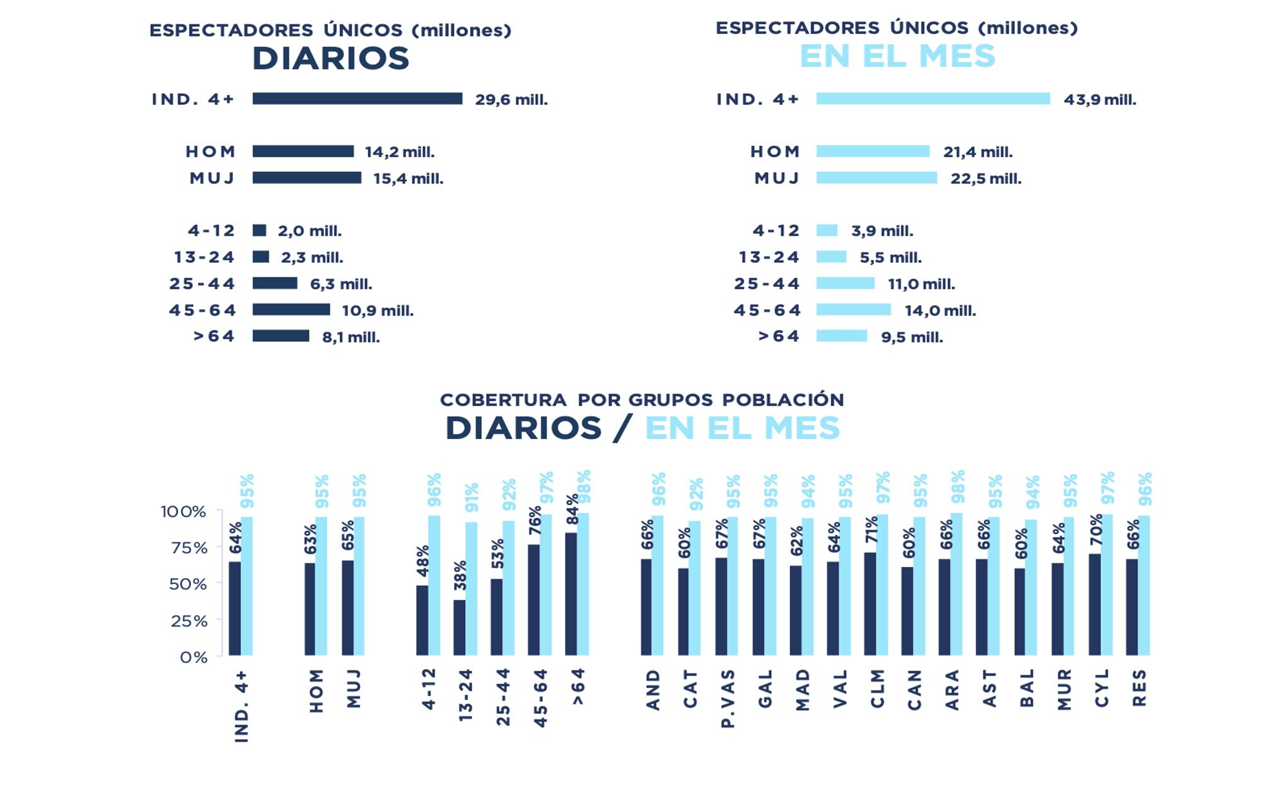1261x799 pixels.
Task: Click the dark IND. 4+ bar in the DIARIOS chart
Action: point(357,98)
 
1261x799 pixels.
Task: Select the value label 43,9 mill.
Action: point(1100,100)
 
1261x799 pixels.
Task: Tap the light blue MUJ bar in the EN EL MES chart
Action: point(876,178)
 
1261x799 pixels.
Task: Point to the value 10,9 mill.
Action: point(378,310)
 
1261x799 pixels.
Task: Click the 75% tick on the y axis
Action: point(189,547)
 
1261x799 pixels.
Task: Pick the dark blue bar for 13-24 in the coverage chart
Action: point(459,627)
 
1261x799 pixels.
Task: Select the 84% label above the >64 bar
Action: point(572,510)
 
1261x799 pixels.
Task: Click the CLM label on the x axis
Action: point(878,689)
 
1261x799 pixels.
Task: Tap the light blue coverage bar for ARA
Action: point(956,584)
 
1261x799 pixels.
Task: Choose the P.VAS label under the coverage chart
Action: point(728,699)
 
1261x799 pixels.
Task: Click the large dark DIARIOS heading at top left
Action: point(330,59)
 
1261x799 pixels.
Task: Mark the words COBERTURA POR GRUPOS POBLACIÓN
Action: point(641,400)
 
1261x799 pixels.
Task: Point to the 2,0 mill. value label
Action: point(310,231)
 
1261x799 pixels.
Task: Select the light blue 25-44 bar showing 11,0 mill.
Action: point(845,283)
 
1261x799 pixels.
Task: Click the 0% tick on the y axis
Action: point(193,657)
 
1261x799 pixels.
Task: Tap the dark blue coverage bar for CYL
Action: point(1095,604)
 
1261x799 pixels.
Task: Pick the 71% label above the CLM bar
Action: point(871,530)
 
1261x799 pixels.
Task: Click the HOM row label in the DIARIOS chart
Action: point(211,151)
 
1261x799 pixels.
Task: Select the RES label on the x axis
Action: point(1139,688)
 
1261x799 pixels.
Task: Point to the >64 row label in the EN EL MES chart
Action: point(778,336)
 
